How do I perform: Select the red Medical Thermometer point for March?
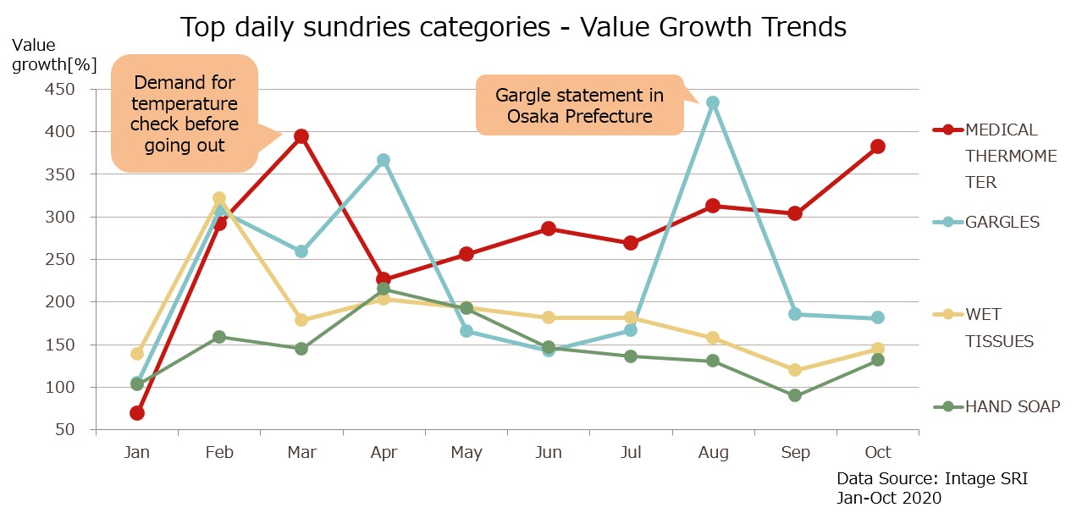[301, 136]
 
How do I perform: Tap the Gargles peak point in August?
[713, 102]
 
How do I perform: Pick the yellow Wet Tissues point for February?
[218, 198]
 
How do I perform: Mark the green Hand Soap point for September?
[794, 395]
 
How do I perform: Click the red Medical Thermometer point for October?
[877, 146]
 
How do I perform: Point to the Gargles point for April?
[384, 160]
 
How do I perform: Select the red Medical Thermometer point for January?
[136, 413]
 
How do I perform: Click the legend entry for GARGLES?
[1002, 222]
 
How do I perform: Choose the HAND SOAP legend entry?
[1012, 406]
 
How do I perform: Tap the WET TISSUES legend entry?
[999, 328]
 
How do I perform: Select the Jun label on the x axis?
[549, 453]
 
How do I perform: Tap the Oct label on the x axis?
[877, 453]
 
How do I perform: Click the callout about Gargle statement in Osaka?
[579, 106]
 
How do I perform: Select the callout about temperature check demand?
[184, 113]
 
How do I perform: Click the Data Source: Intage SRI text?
[931, 479]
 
